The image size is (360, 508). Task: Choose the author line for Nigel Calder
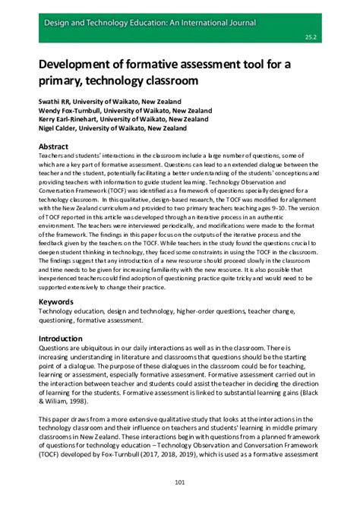(x=112, y=129)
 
